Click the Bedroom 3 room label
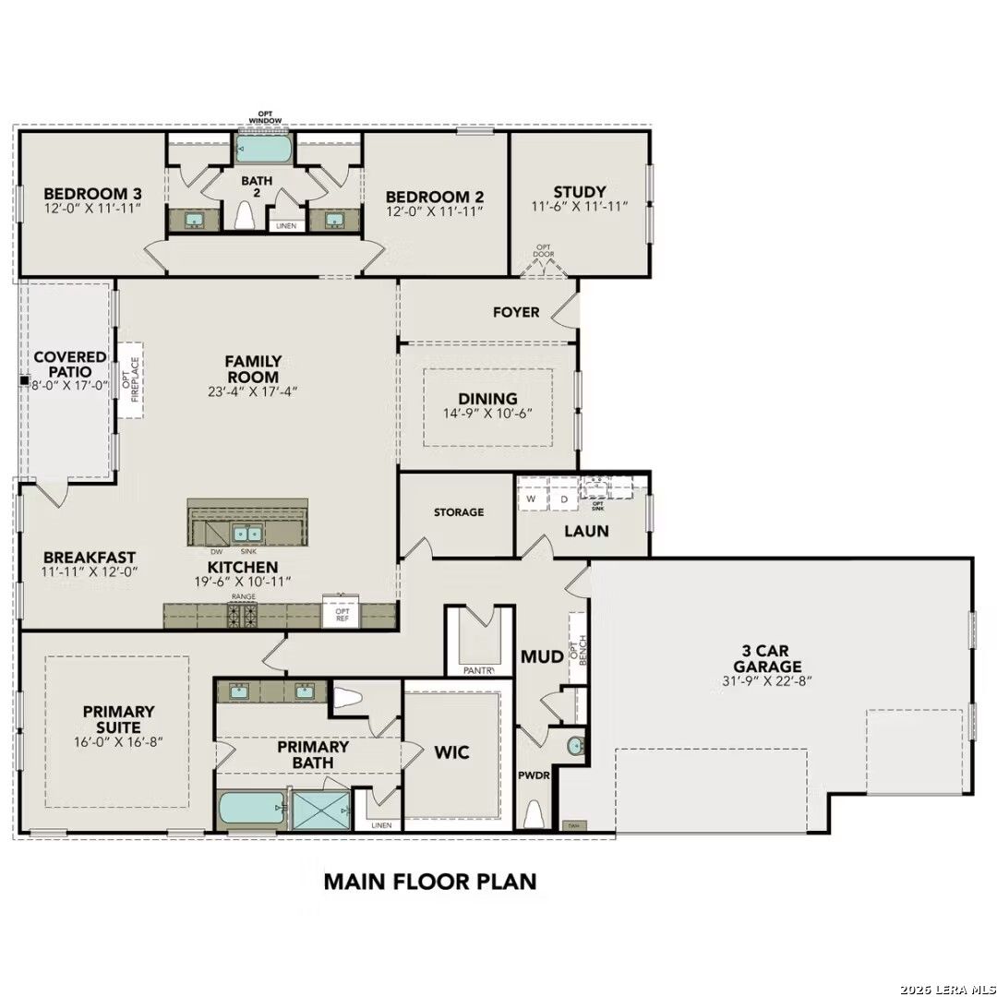click(x=92, y=193)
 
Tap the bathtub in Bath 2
click(x=264, y=149)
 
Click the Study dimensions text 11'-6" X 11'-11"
click(x=580, y=208)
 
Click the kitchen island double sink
click(x=247, y=534)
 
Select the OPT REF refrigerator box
click(x=341, y=615)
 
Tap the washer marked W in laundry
click(x=531, y=499)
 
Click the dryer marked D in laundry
click(x=563, y=499)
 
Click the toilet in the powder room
click(x=533, y=814)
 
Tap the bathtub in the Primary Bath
click(x=251, y=810)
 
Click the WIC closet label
click(x=451, y=752)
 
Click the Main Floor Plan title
click(x=429, y=881)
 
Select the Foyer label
click(x=516, y=312)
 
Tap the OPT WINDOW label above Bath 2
click(x=265, y=117)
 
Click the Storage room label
click(x=459, y=511)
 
